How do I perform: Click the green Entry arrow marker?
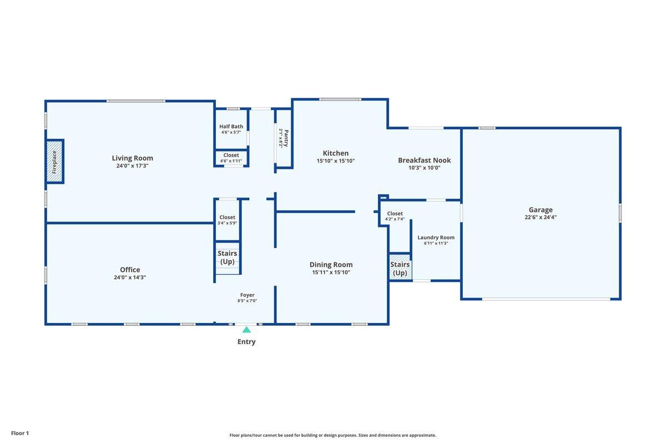[246, 330]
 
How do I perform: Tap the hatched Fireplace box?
[54, 162]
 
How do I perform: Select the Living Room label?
[132, 158]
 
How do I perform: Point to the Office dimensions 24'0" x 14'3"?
[130, 277]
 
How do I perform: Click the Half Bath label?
[231, 127]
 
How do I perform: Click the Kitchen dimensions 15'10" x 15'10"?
[336, 161]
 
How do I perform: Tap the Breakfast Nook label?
[424, 160]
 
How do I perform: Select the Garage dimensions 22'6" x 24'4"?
[541, 218]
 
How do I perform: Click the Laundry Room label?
[436, 238]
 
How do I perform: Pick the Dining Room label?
[331, 265]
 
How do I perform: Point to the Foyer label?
[248, 295]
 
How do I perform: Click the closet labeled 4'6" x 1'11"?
[231, 158]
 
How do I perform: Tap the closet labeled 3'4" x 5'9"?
[227, 220]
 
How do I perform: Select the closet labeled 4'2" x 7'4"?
[395, 216]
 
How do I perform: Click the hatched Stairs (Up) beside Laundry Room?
[401, 267]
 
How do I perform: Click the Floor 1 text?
[20, 433]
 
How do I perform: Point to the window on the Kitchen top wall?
[340, 99]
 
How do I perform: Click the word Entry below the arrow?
[246, 342]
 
